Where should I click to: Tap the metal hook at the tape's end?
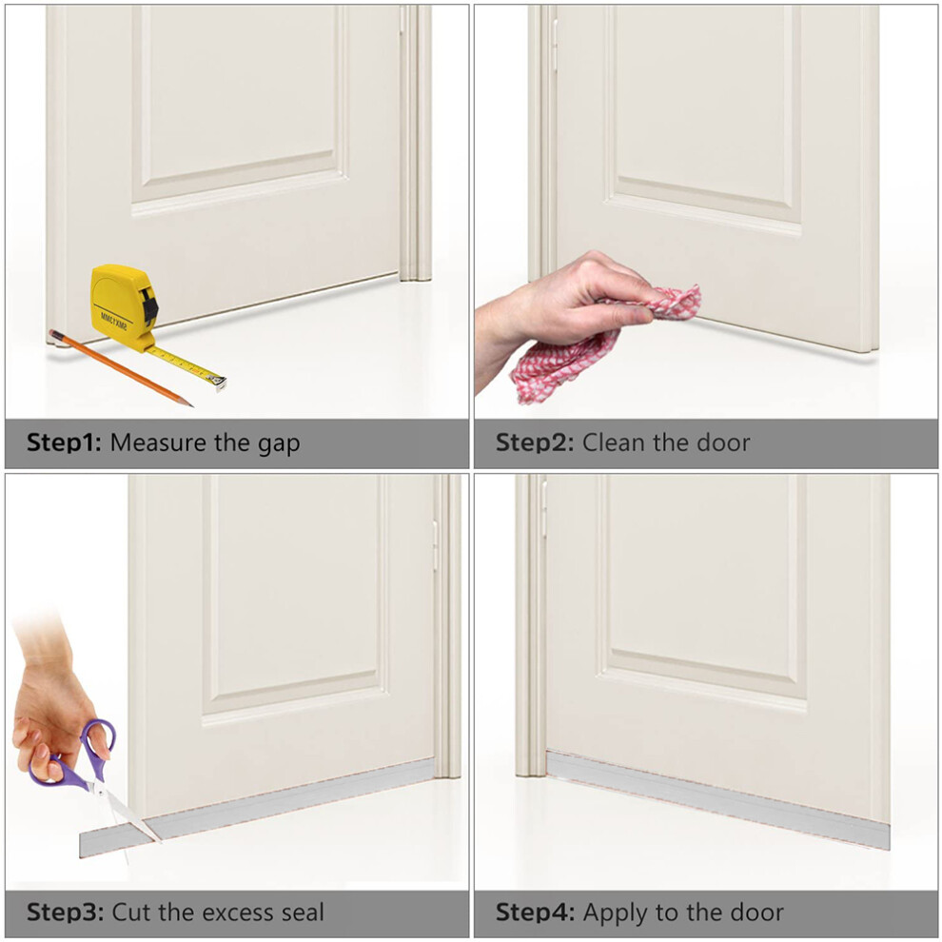218,383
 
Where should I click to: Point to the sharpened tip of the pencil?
190,405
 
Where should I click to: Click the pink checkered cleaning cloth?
600,342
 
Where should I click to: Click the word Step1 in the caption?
65,443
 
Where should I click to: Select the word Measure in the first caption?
158,443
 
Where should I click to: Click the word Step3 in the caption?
65,913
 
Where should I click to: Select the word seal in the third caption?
301,913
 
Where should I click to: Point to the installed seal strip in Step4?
717,800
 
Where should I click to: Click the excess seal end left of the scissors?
111,839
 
